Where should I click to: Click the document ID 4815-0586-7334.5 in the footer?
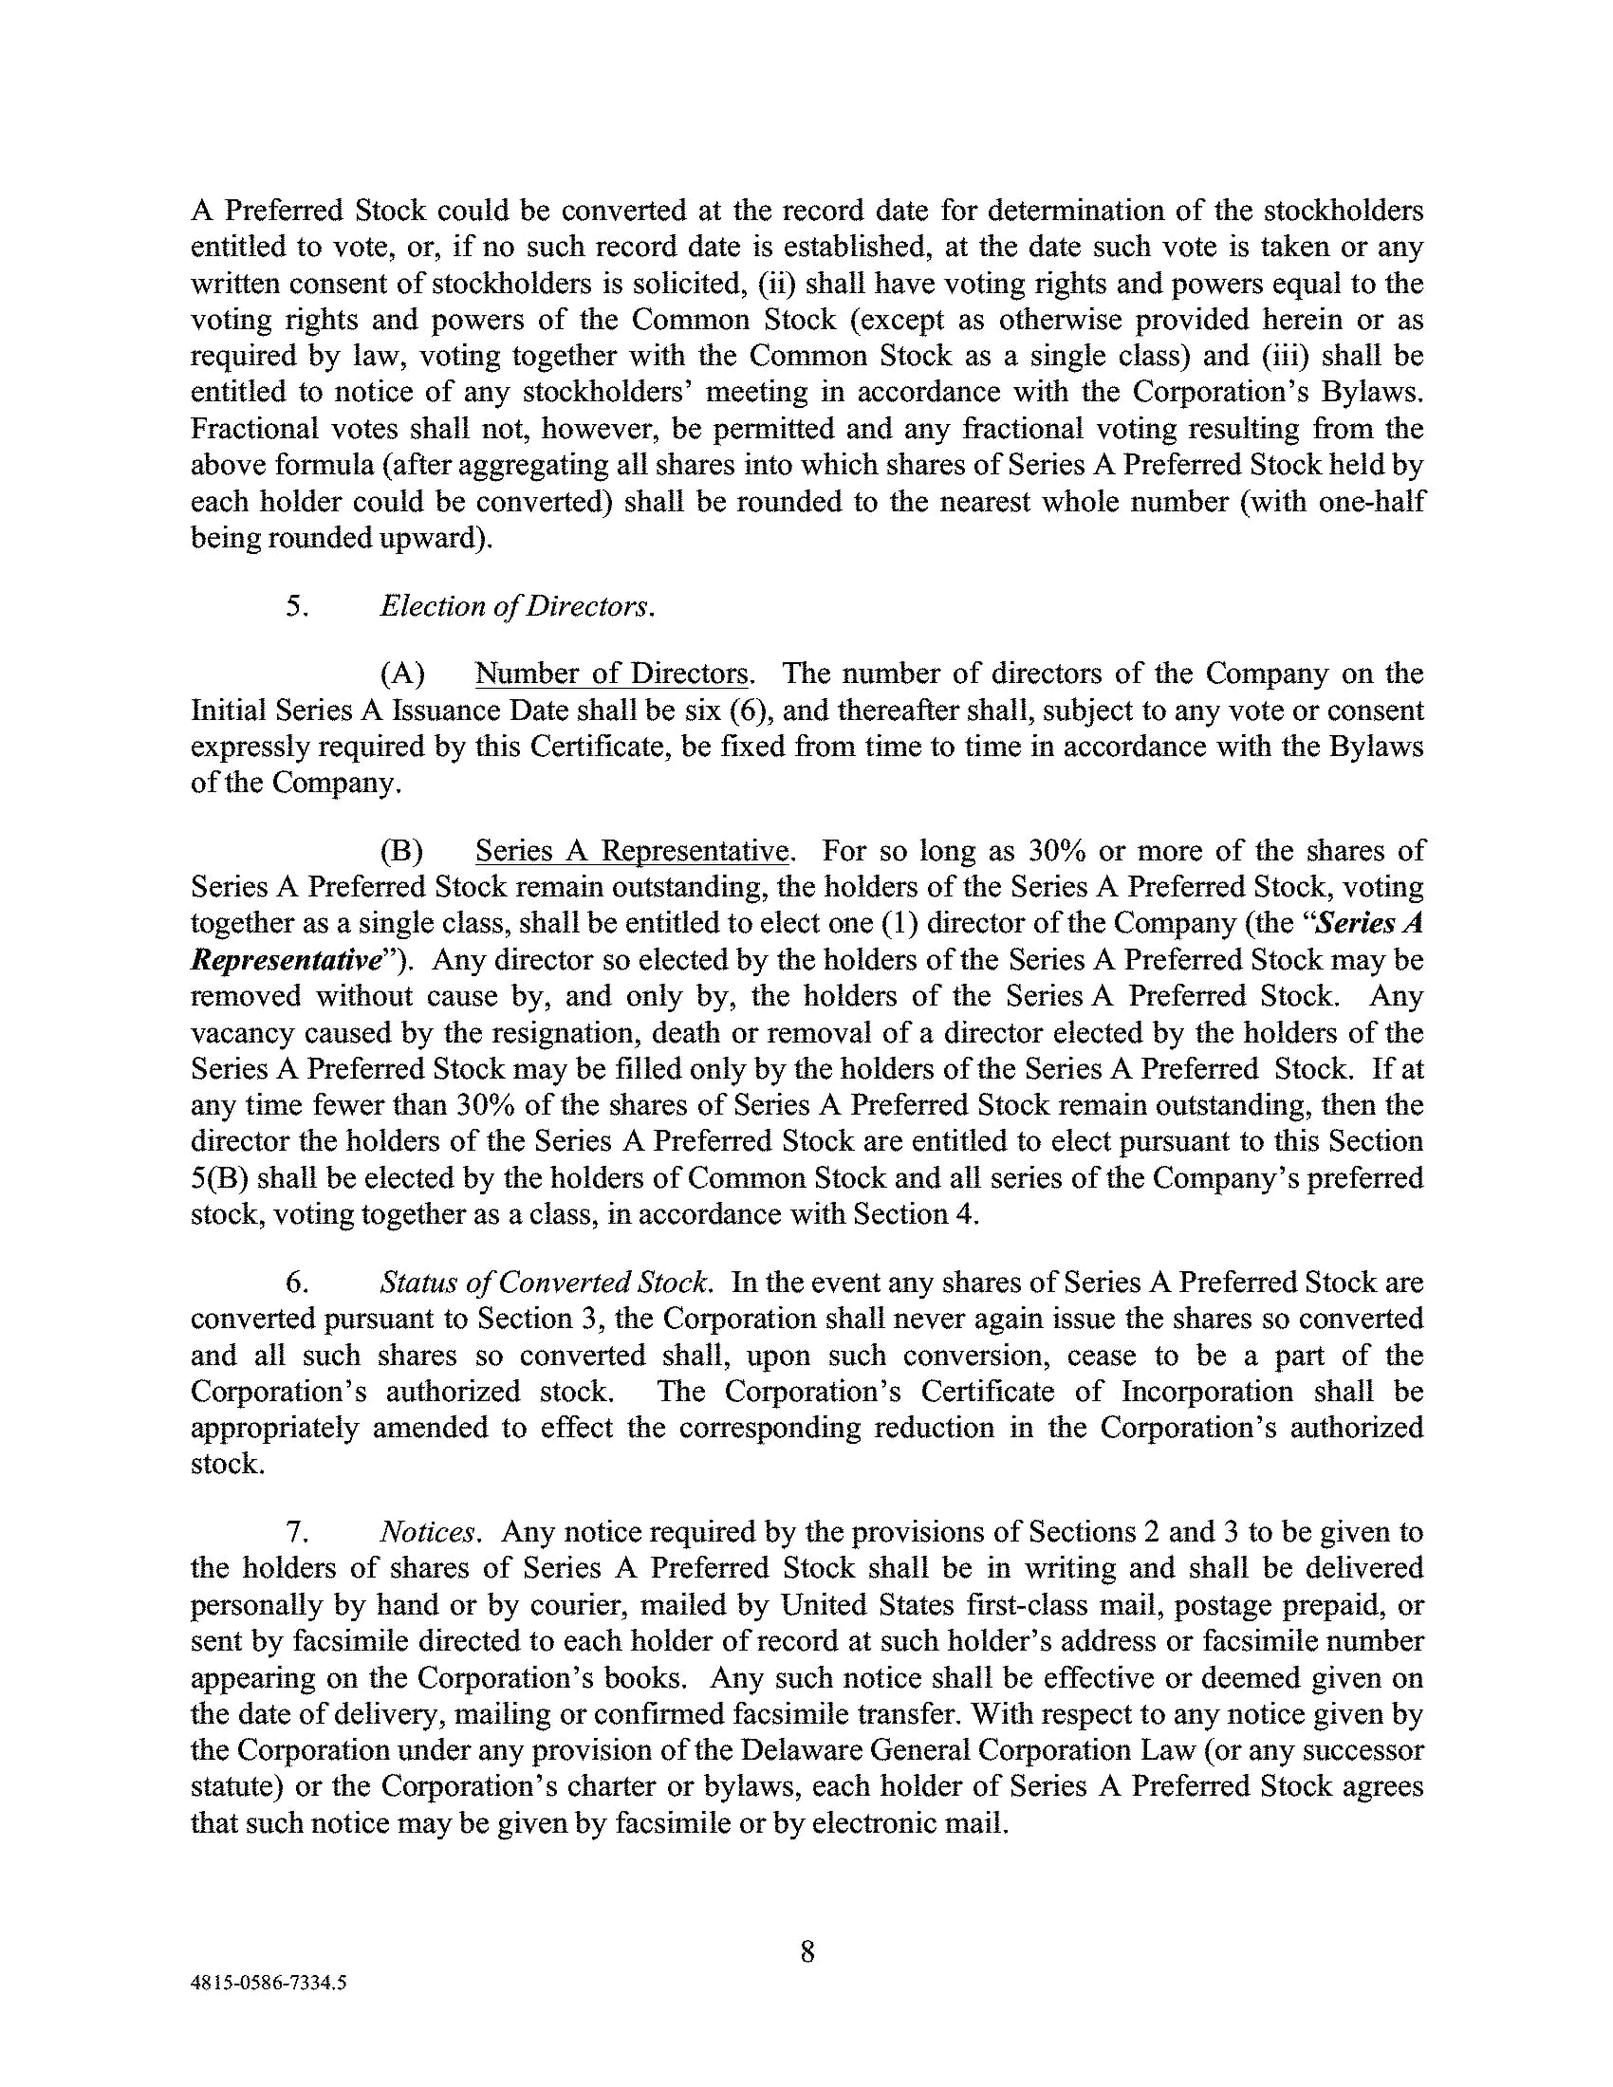coord(269,1983)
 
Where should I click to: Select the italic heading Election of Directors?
coord(517,606)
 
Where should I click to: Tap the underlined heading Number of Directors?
coord(612,674)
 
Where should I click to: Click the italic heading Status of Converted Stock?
coord(545,1282)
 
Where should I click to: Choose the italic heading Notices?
coord(427,1532)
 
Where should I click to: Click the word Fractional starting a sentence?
coord(253,428)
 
